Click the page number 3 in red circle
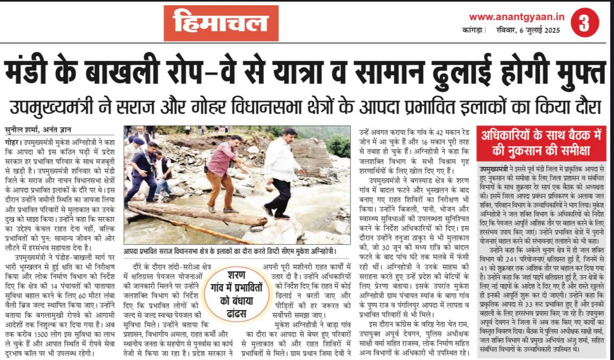pos(584,23)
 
